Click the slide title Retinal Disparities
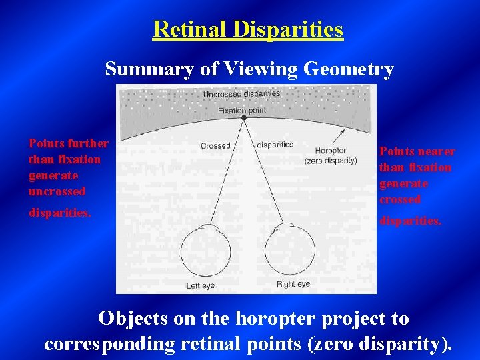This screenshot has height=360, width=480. [248, 29]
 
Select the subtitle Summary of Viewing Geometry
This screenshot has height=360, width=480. [249, 69]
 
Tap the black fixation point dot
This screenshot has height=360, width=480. [244, 117]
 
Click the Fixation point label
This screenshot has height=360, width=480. [242, 110]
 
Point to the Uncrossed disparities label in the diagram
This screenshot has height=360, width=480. [241, 94]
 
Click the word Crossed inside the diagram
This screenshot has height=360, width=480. [215, 145]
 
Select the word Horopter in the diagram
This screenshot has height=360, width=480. [330, 151]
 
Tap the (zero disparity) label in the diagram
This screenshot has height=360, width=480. [331, 161]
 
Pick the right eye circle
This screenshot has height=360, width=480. [289, 247]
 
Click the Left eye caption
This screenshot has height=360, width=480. [200, 285]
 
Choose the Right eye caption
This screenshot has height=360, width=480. [293, 285]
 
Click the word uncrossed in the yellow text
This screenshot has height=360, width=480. [57, 191]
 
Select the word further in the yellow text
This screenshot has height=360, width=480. [87, 143]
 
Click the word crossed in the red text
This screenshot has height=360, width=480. [400, 199]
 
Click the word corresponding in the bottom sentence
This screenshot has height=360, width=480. [109, 343]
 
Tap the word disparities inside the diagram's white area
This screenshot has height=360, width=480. [275, 145]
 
